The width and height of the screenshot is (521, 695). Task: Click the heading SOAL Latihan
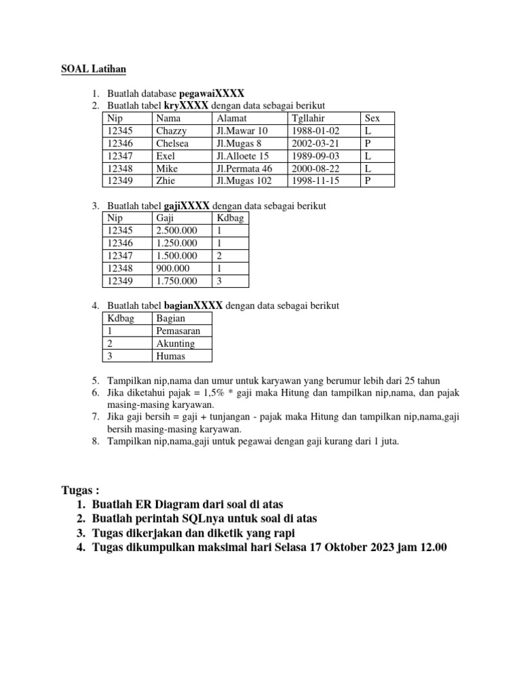[94, 69]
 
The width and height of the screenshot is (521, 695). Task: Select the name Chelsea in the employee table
[172, 143]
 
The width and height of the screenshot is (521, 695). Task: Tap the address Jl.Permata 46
[244, 168]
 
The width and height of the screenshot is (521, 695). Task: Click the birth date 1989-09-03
[315, 155]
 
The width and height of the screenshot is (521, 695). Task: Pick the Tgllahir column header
[308, 118]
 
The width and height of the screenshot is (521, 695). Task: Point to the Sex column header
[372, 118]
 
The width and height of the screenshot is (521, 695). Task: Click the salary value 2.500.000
[176, 231]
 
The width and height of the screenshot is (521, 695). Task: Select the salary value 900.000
[172, 268]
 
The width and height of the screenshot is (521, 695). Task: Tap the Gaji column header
[165, 218]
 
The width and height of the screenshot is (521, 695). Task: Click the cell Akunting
[175, 343]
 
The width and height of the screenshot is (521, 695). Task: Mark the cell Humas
[170, 356]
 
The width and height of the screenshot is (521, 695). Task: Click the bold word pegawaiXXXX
[211, 93]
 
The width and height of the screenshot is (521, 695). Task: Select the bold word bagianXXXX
[193, 305]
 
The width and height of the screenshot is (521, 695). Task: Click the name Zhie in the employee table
[166, 181]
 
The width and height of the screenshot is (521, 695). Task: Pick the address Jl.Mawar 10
[242, 130]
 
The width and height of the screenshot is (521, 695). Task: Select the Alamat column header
[231, 118]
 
